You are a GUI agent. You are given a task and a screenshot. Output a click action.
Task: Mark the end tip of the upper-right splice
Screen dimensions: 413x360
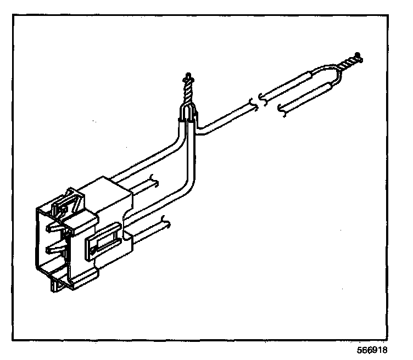pos(358,55)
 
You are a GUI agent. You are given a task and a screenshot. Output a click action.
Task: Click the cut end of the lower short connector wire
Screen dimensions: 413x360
pos(165,222)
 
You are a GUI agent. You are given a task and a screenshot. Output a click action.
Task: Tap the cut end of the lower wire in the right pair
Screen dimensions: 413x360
pos(283,109)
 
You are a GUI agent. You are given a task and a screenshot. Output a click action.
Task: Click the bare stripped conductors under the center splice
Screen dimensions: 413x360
pos(188,113)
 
